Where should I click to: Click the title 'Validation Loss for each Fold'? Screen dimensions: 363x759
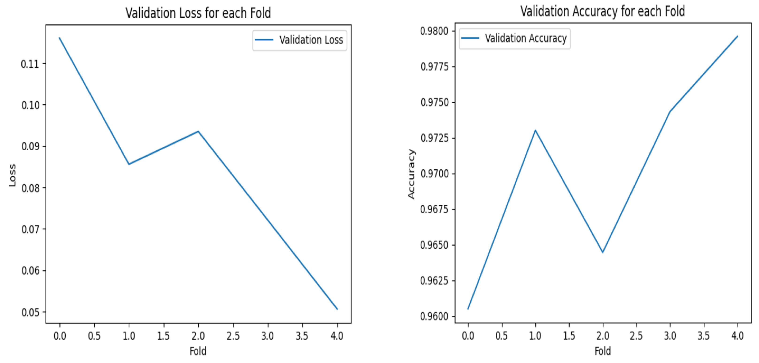tap(198, 13)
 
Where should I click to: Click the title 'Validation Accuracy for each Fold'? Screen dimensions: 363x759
tap(602, 12)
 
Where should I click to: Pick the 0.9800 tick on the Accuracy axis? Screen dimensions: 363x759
tap(434, 31)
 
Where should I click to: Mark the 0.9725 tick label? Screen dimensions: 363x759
tap(434, 138)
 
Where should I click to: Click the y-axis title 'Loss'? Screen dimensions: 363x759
tap(12, 175)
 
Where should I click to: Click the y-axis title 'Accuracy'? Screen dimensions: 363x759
tap(411, 174)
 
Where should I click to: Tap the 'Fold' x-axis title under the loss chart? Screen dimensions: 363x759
tap(198, 351)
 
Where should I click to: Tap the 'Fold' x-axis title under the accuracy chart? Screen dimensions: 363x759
tap(602, 351)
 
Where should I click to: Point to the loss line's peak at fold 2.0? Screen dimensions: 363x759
tap(198, 131)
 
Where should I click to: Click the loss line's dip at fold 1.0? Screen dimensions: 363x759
tap(129, 164)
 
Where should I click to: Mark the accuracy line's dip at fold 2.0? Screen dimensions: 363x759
tap(602, 252)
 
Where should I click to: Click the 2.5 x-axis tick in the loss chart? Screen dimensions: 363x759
tap(233, 336)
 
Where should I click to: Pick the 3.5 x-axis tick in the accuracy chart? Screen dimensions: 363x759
tap(704, 336)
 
